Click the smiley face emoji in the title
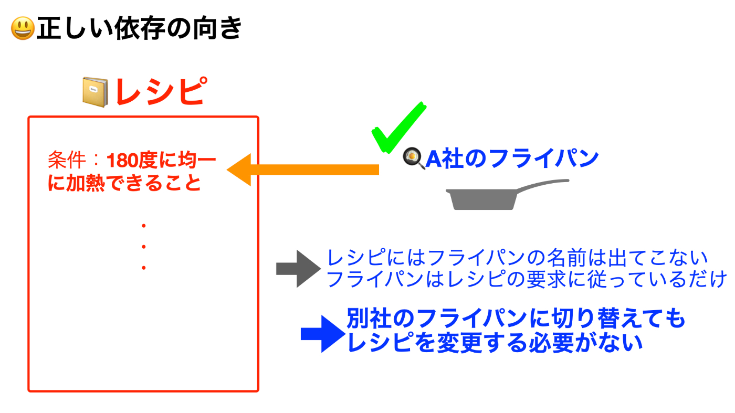pos(23,28)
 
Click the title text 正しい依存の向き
pos(140,28)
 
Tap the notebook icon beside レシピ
pos(95,92)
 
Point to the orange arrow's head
pos(239,170)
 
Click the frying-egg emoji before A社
pos(414,158)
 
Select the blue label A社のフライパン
pos(512,158)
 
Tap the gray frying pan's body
pos(482,199)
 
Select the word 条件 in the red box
pos(67,160)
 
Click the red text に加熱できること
pos(124,183)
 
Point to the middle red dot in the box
pos(144,247)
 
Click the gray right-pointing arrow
pos(299,269)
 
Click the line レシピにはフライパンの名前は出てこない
pos(517,258)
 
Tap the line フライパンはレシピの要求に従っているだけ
pos(526,279)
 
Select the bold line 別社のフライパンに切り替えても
pos(516,318)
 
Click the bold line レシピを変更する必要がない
pos(495,343)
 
